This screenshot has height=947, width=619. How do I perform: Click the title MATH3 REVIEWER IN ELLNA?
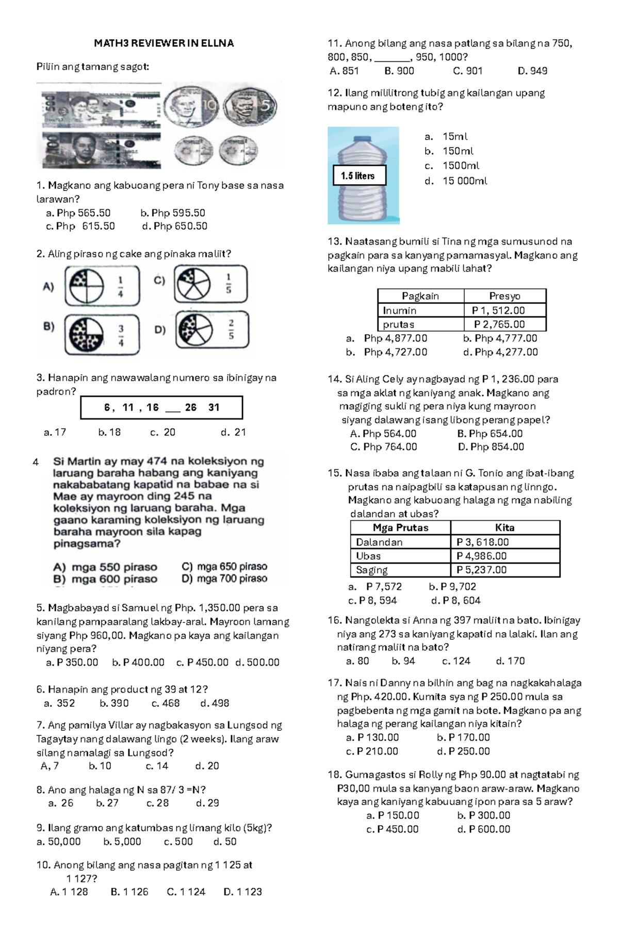coord(164,43)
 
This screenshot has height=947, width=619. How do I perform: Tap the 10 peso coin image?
coord(190,107)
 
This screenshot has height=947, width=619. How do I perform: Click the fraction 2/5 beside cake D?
coord(231,329)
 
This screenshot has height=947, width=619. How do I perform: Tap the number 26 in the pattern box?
coord(191,407)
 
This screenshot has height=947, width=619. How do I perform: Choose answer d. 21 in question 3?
coord(233,432)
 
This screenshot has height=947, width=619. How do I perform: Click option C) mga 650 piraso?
coord(224,566)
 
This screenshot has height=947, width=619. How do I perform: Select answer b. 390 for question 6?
coord(114,703)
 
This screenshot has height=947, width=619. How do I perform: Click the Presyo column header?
coord(504,296)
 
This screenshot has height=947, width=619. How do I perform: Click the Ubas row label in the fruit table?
coord(368,556)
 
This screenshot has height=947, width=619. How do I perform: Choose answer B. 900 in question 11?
coord(399,71)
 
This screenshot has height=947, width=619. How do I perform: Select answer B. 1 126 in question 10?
coord(129,891)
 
